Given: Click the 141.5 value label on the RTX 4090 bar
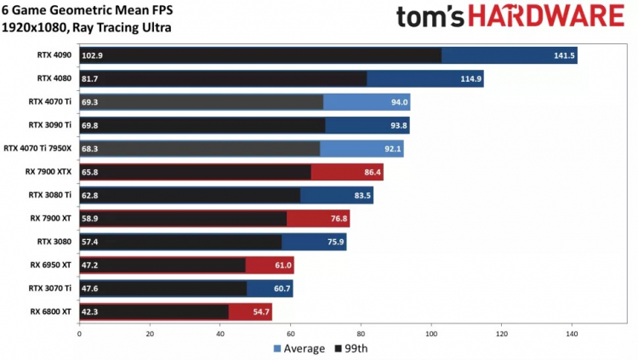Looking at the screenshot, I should (x=564, y=56).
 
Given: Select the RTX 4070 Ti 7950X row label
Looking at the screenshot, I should (x=39, y=148).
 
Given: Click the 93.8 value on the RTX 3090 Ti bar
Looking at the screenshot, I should (x=397, y=125).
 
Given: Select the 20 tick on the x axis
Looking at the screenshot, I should (x=150, y=333).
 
